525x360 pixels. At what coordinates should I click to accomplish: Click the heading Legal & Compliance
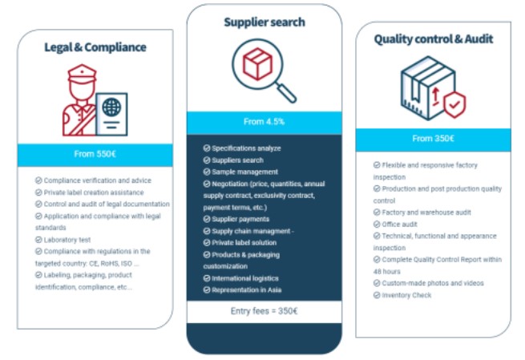pyautogui.click(x=95, y=47)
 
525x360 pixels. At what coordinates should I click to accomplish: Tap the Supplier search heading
pyautogui.click(x=264, y=22)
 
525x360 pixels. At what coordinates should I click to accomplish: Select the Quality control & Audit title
pyautogui.click(x=433, y=38)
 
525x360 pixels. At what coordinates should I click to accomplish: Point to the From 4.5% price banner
pyautogui.click(x=264, y=122)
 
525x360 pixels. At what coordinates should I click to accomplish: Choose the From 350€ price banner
pyautogui.click(x=433, y=139)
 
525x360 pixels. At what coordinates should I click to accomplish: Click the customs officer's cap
pyautogui.click(x=79, y=75)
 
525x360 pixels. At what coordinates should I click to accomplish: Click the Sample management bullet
pyautogui.click(x=244, y=172)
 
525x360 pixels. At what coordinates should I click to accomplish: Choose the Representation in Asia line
pyautogui.click(x=246, y=289)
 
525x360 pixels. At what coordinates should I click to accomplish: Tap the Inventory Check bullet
pyautogui.click(x=406, y=295)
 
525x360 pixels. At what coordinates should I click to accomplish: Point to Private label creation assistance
pyautogui.click(x=93, y=192)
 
